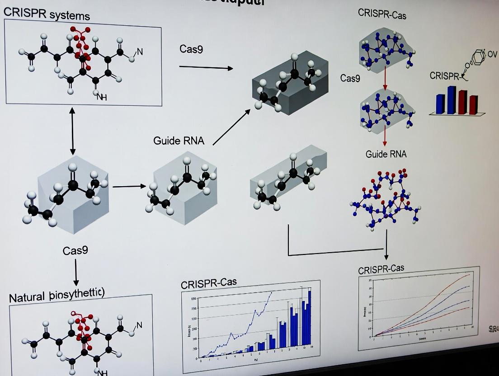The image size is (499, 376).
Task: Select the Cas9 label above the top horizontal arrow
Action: [191, 49]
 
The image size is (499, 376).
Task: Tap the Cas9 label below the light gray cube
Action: [75, 250]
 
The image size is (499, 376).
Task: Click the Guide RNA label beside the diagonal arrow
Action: [179, 141]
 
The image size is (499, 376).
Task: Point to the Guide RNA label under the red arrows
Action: [386, 154]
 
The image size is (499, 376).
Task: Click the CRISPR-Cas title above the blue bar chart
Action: [208, 283]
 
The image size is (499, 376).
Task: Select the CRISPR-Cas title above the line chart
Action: [381, 269]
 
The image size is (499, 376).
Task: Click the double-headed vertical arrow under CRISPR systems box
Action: [72, 131]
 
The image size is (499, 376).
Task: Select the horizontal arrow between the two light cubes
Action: [129, 186]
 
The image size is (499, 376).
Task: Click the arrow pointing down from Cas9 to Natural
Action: [76, 273]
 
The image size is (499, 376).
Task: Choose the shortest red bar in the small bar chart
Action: [473, 104]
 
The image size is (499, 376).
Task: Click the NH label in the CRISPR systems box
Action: [102, 97]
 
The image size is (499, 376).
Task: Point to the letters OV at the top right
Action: [492, 54]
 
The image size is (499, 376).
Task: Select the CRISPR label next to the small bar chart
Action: [444, 76]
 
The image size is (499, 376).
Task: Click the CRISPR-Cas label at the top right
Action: [382, 14]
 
